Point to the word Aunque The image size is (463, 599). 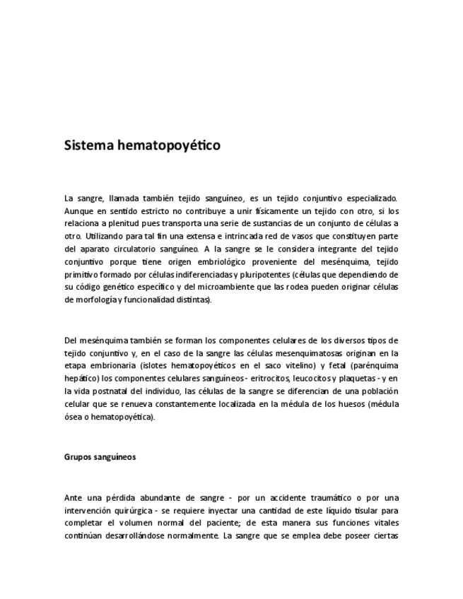pyautogui.click(x=79, y=210)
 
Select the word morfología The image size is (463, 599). pyautogui.click(x=90, y=299)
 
